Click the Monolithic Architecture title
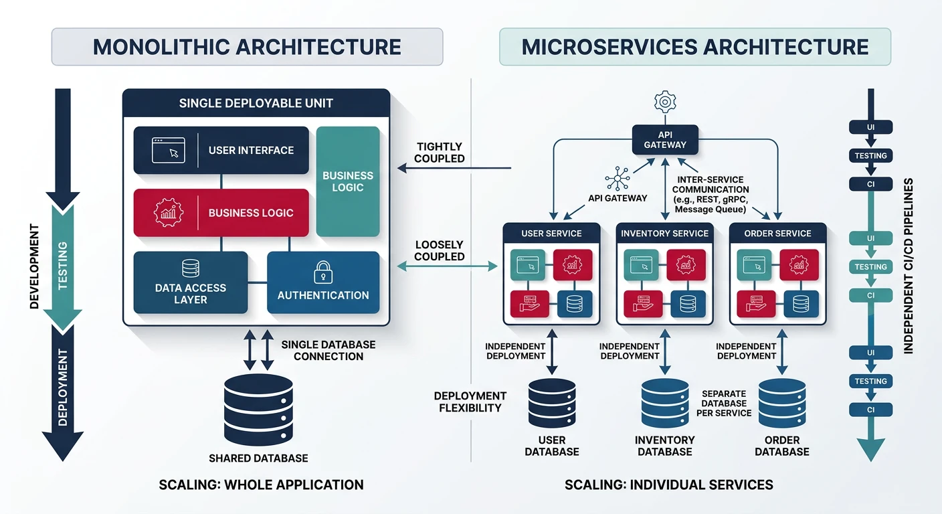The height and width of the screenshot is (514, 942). click(x=247, y=47)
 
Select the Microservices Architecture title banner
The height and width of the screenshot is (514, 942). click(x=695, y=47)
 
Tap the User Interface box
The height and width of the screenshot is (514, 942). click(x=221, y=151)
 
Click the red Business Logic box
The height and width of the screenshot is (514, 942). click(x=221, y=213)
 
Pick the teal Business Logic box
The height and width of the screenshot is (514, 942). click(x=348, y=181)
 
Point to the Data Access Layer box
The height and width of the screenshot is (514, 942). click(x=191, y=283)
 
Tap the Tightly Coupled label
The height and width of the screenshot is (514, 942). click(x=440, y=153)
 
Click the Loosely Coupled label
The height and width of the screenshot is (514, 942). click(x=440, y=251)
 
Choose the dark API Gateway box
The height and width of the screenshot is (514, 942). click(x=664, y=139)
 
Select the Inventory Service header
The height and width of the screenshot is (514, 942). click(x=664, y=234)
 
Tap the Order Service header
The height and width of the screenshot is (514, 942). click(x=777, y=234)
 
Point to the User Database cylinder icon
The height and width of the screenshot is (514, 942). click(x=552, y=404)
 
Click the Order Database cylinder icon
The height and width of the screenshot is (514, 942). click(x=782, y=404)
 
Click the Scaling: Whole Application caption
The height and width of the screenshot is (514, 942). click(x=261, y=485)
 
